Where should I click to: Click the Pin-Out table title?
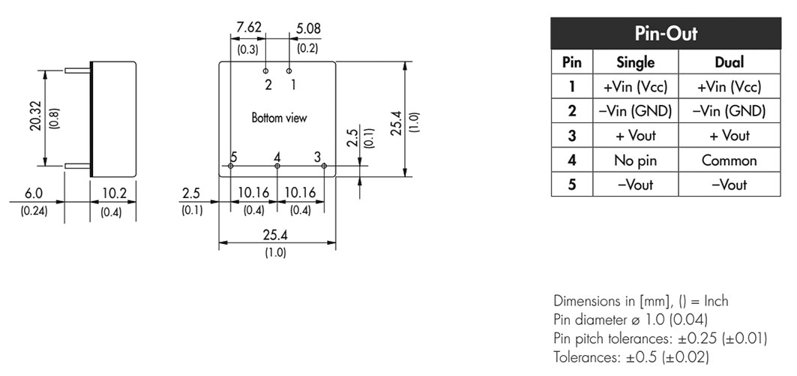(x=665, y=34)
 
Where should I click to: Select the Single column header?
(x=635, y=62)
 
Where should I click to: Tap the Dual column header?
(x=729, y=62)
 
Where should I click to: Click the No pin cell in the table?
(x=635, y=161)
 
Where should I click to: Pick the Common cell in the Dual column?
(x=729, y=161)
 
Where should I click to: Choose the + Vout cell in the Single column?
(x=635, y=136)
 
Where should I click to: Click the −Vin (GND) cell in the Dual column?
(x=729, y=111)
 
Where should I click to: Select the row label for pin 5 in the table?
(x=572, y=184)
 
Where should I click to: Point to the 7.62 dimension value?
(x=249, y=28)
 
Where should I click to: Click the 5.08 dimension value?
(x=308, y=29)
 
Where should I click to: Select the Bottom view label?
(x=280, y=118)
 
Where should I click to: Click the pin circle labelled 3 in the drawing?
(x=324, y=165)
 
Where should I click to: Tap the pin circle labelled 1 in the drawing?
(x=289, y=71)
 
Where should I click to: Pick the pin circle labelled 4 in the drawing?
(x=277, y=166)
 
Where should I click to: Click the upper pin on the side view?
(x=78, y=71)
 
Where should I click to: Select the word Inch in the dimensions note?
(x=716, y=301)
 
